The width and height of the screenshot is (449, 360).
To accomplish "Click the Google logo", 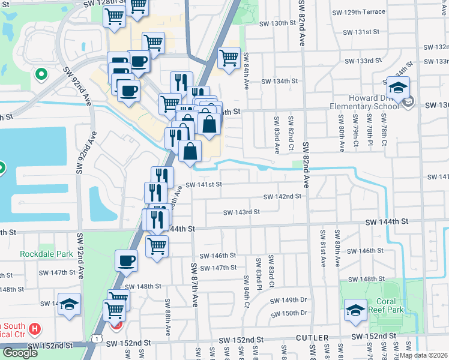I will [x=20, y=353].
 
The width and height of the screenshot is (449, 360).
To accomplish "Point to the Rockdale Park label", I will [x=46, y=254].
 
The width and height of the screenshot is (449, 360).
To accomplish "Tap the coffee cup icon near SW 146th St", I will [x=127, y=260].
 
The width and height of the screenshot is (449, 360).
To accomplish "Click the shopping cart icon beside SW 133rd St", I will [x=229, y=58].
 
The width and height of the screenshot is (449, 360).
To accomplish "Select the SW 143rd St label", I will [x=241, y=212].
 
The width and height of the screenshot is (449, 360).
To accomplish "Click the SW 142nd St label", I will [x=283, y=196].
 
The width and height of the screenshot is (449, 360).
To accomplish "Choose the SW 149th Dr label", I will [x=288, y=300].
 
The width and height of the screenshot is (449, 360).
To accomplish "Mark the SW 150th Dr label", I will [x=288, y=313].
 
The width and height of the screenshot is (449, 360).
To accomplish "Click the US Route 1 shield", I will [x=97, y=339].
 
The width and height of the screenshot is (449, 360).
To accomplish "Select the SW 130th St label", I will [x=278, y=23].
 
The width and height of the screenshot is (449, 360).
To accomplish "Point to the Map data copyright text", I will [x=423, y=355].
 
